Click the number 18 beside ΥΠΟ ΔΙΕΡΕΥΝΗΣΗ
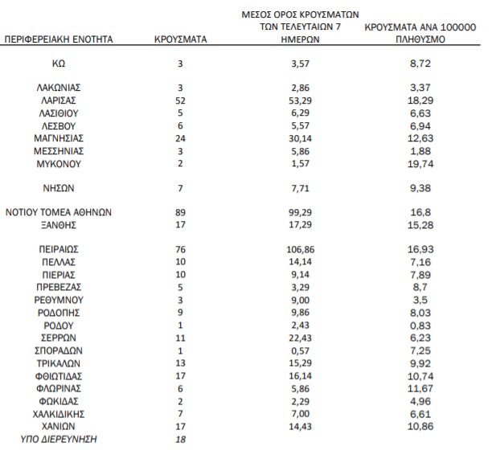point(180,440)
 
